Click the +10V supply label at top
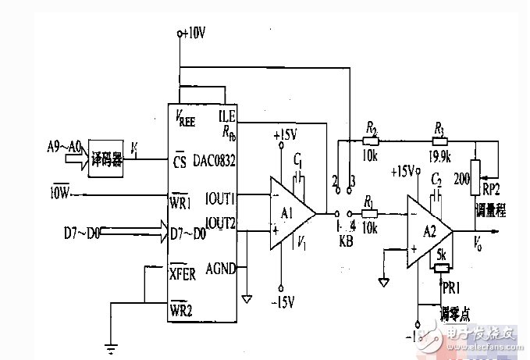(192, 33)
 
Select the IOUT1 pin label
(220, 197)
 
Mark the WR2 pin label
(183, 311)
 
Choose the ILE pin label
(229, 117)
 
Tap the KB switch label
(345, 242)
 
